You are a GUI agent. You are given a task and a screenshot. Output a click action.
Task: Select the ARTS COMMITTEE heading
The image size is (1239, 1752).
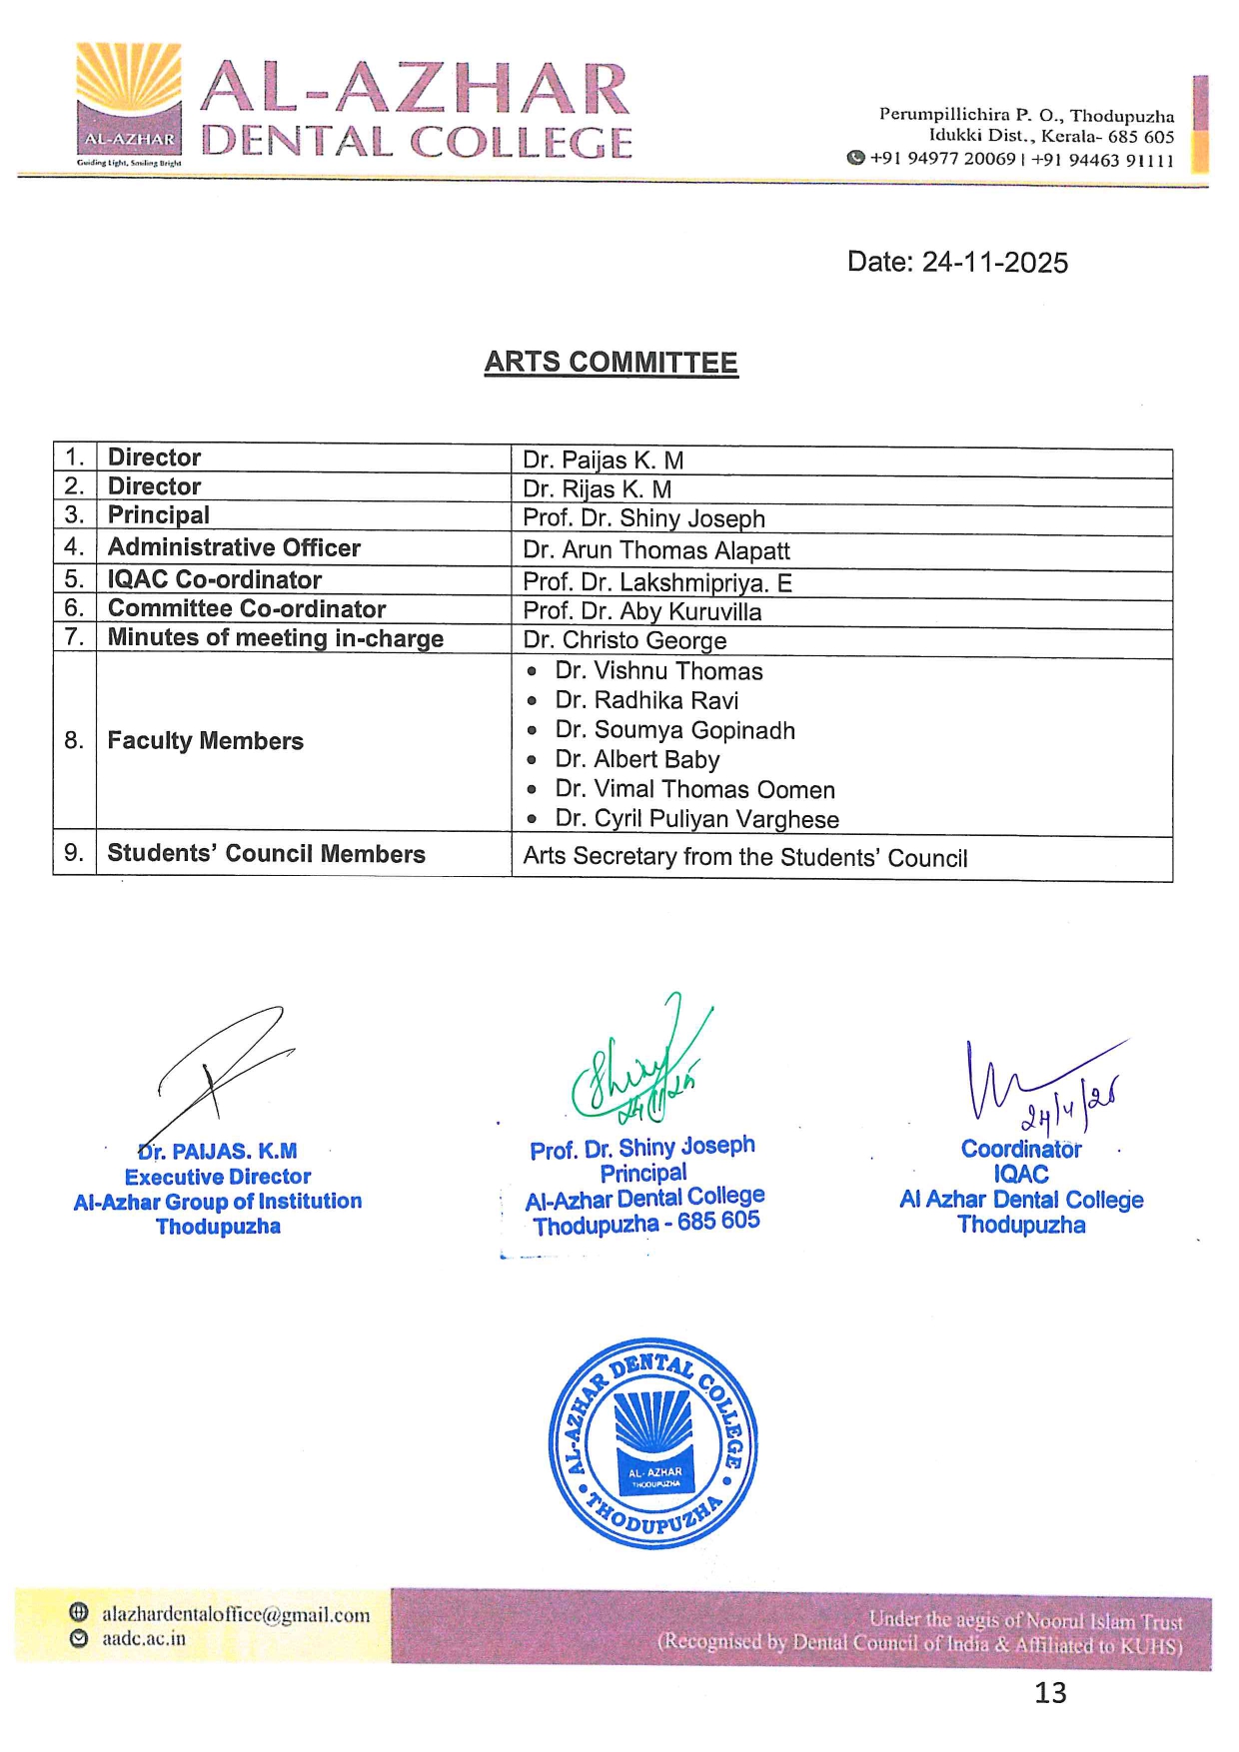pos(611,362)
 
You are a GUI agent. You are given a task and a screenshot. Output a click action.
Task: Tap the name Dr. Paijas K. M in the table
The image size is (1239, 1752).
pos(603,460)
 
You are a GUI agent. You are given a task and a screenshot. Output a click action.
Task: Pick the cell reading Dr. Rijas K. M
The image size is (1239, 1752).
pos(597,489)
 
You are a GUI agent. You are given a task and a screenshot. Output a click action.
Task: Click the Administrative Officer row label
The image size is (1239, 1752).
pos(234,547)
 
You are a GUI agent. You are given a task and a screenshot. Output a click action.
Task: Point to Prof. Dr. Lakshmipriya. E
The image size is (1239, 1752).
pos(656,582)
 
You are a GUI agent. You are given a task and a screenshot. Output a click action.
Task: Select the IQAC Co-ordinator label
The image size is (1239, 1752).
pos(214,579)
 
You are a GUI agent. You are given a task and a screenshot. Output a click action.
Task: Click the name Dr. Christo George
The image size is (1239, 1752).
pos(624,640)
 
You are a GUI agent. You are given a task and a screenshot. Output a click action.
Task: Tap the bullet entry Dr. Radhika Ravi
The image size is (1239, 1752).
pos(646,700)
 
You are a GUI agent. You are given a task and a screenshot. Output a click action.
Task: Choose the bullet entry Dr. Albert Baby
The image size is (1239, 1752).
pos(636,760)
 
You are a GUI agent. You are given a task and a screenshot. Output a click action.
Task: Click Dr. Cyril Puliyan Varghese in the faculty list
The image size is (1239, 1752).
pos(696,819)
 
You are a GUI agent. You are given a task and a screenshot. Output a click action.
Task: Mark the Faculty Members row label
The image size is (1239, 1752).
pos(205,741)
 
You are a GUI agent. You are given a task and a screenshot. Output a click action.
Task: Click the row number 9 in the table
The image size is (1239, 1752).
pos(74,853)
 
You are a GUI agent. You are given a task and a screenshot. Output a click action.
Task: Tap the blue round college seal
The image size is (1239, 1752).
pos(653,1444)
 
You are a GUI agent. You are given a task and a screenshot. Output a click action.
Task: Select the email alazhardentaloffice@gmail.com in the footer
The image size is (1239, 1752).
pos(236,1615)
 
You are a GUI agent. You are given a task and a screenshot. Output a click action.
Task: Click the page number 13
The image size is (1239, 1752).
pos(1050,1693)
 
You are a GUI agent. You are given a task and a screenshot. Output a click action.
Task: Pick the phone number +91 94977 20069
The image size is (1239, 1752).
pos(942,159)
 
